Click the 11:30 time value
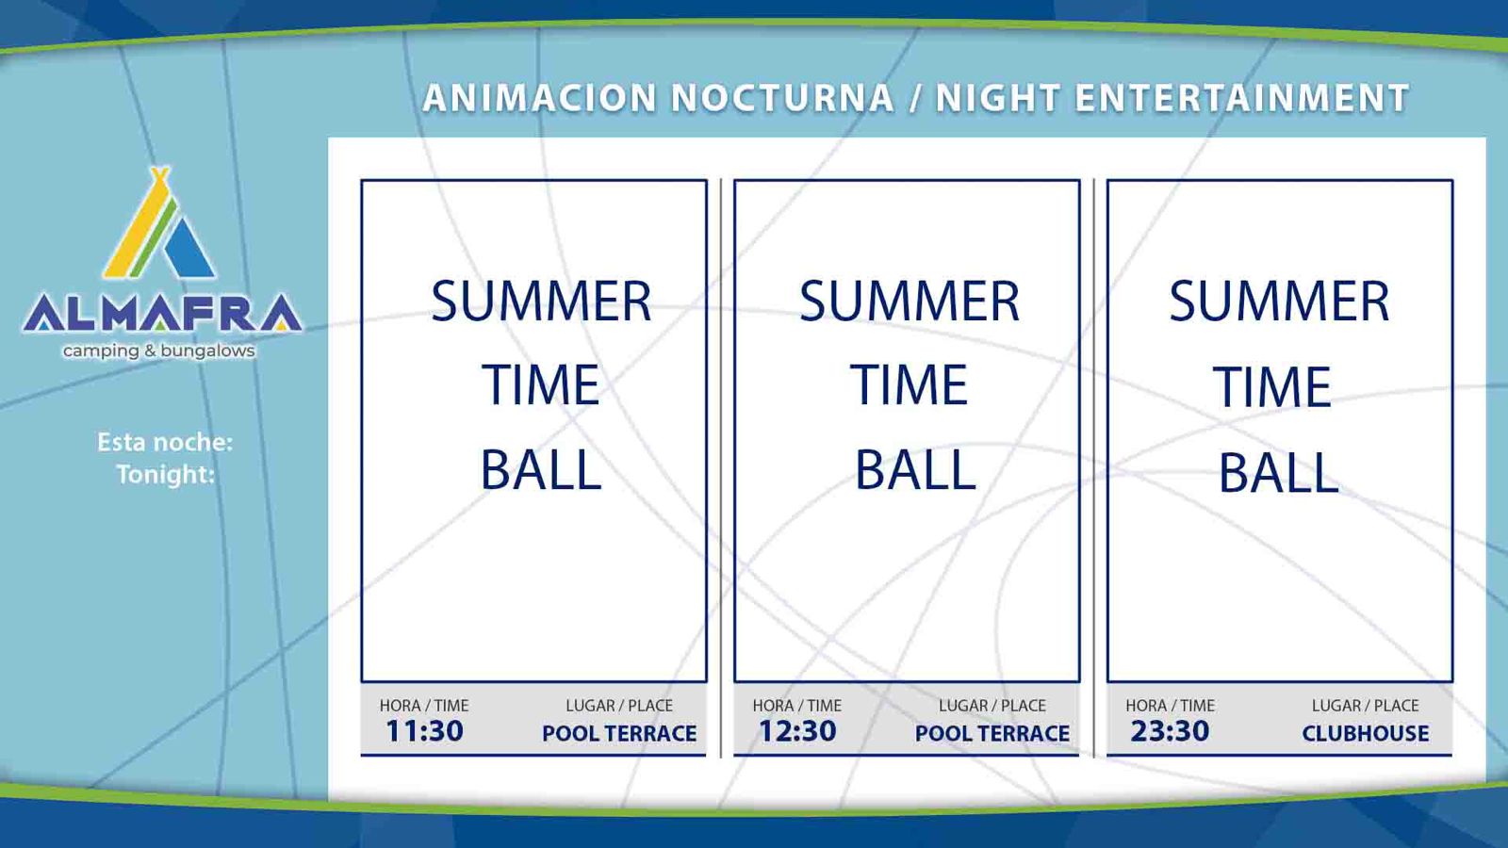click(424, 731)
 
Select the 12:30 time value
click(797, 731)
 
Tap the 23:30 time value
click(1170, 731)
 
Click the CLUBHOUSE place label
click(1366, 733)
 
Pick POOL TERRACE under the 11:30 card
click(619, 733)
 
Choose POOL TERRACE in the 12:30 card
click(992, 733)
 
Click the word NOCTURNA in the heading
click(783, 98)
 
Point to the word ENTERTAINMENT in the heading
click(1242, 98)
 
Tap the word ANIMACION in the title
click(540, 98)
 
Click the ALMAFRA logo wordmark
click(161, 314)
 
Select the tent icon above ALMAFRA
click(159, 222)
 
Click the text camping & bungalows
click(159, 351)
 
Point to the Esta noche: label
click(165, 442)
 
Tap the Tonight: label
click(166, 475)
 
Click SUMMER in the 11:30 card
click(541, 302)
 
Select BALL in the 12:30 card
click(915, 469)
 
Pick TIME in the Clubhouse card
click(1272, 386)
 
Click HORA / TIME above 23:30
click(1170, 706)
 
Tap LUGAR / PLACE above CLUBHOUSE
click(1366, 706)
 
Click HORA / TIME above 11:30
click(424, 706)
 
